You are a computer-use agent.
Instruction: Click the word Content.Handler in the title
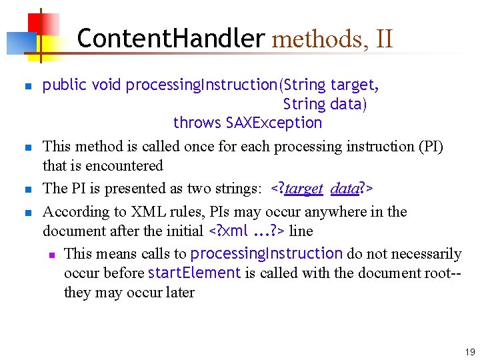tap(171, 39)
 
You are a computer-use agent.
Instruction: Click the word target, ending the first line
tap(355, 85)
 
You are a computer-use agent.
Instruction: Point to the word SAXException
tap(274, 123)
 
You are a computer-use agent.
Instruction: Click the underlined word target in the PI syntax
tap(304, 189)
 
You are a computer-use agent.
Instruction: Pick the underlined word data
tap(345, 189)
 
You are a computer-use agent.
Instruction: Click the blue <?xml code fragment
tap(229, 231)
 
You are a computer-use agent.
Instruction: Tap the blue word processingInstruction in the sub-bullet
tap(267, 253)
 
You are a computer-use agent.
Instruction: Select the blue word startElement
tap(194, 273)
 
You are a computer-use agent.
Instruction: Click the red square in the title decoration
tap(31, 22)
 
